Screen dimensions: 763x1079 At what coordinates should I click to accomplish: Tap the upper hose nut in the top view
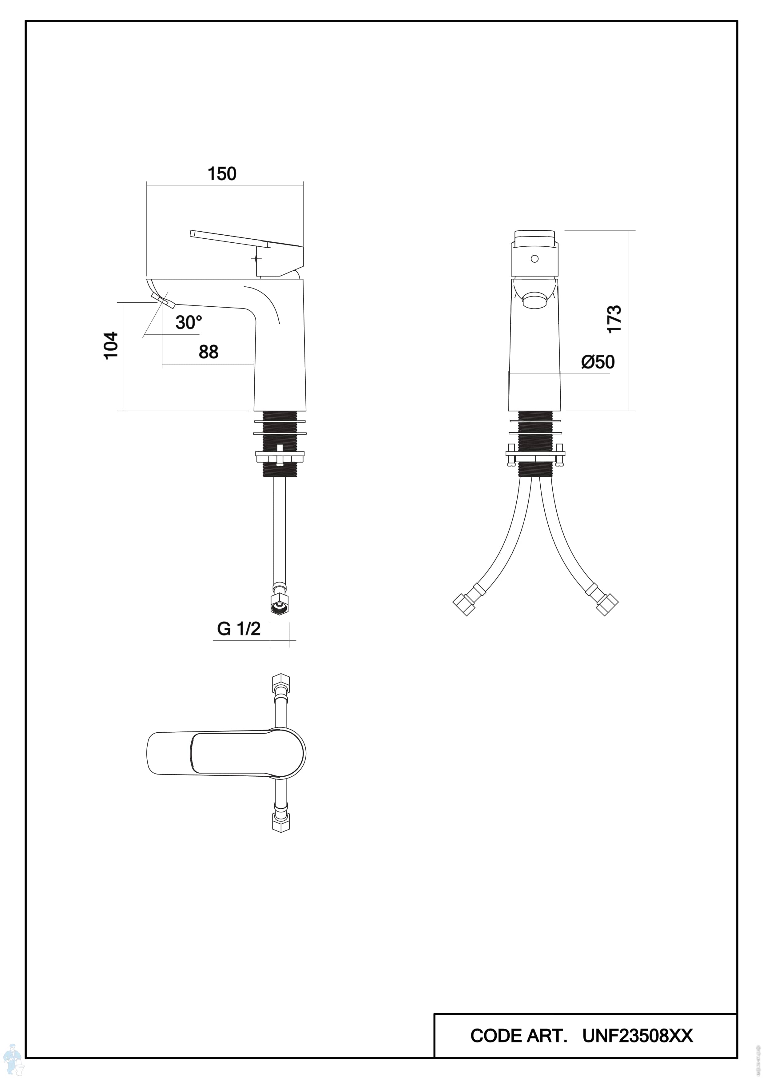(281, 682)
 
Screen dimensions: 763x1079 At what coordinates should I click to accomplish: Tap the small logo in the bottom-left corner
(13, 1065)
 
